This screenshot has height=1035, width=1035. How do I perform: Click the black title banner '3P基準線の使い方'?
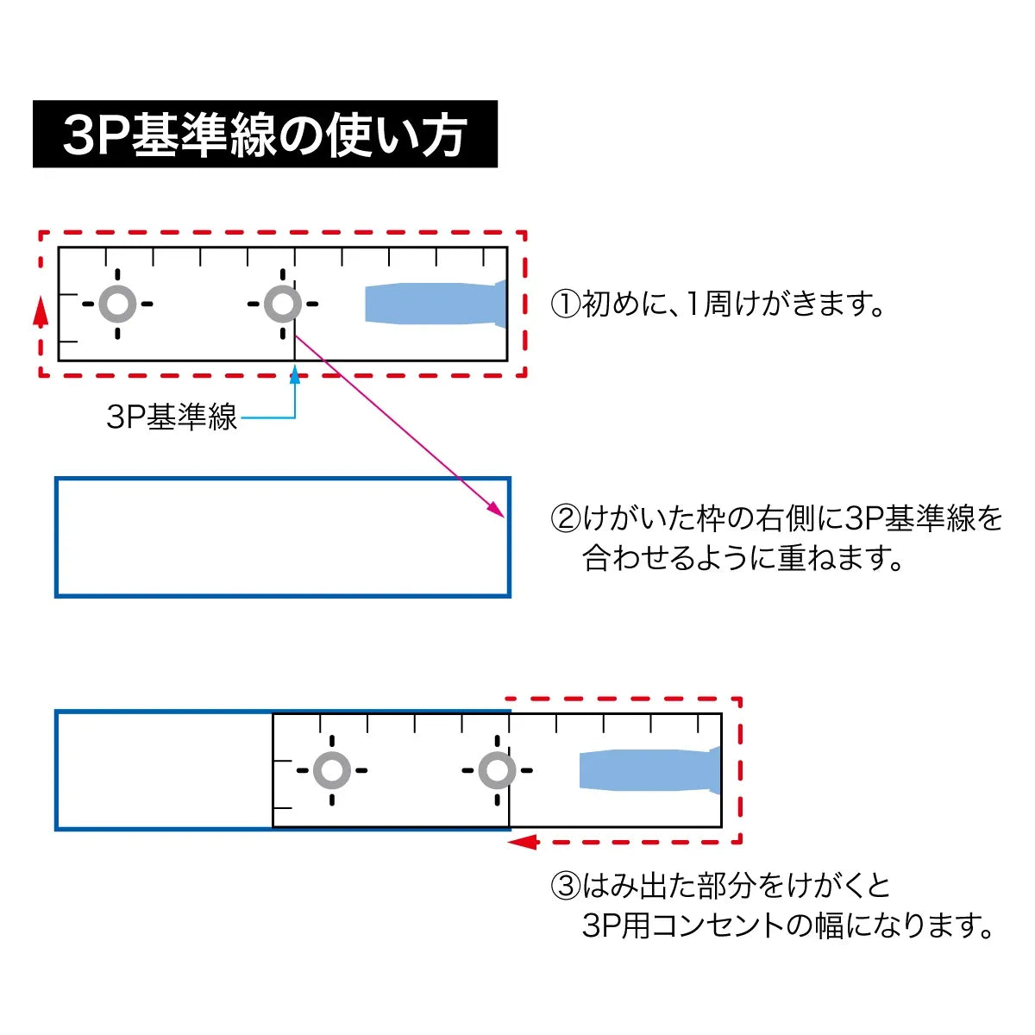(265, 134)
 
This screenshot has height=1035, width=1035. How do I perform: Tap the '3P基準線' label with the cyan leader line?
(172, 417)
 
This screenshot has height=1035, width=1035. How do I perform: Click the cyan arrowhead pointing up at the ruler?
(295, 375)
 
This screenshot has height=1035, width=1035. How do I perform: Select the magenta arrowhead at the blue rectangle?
(496, 509)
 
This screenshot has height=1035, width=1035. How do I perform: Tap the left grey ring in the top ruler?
(117, 304)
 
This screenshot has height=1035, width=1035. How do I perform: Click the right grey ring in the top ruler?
(283, 304)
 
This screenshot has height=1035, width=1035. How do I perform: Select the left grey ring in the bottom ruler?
(332, 770)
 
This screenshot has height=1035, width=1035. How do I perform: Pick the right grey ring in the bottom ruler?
(497, 770)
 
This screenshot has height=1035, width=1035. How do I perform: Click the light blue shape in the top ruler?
(436, 304)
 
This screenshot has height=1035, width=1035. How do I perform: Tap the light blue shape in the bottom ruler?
(650, 770)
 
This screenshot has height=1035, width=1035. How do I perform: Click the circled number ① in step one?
(566, 304)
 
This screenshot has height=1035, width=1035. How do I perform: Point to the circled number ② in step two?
(566, 519)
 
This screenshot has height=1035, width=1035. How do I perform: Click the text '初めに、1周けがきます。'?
(734, 304)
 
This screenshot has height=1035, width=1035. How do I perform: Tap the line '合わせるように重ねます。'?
(743, 558)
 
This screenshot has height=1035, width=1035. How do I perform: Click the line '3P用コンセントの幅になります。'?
(787, 925)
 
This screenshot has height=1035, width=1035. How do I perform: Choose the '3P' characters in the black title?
(95, 135)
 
